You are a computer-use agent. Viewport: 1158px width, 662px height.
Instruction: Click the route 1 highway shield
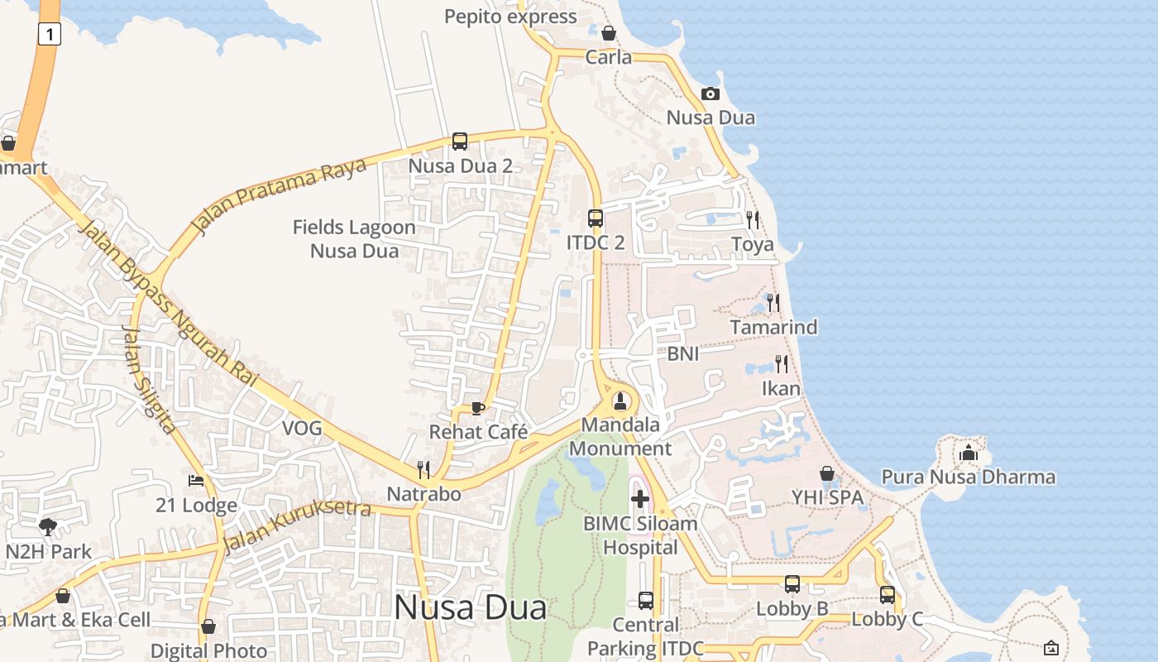[x=50, y=34]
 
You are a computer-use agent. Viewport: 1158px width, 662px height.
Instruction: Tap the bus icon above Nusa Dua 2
[x=460, y=142]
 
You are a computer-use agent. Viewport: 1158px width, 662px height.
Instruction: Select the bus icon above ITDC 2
[x=596, y=218]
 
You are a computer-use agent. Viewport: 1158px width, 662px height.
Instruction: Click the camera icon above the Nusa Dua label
[x=711, y=94]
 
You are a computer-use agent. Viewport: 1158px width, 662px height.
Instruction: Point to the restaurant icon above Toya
[x=753, y=220]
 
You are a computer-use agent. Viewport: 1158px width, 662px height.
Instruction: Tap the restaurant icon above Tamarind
[x=773, y=303]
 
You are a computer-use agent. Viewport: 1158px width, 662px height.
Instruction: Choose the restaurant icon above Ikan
[x=781, y=364]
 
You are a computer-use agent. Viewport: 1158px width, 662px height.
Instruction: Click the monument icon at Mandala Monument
[x=620, y=402]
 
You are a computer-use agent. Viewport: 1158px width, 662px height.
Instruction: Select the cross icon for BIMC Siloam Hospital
[x=640, y=499]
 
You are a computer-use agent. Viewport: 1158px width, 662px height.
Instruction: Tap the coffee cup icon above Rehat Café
[x=477, y=408]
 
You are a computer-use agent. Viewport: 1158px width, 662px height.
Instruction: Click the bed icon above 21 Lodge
[x=196, y=481]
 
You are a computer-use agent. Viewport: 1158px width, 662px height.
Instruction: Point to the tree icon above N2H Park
[x=48, y=526]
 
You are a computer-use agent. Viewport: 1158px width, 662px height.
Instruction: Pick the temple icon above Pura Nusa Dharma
[x=969, y=453]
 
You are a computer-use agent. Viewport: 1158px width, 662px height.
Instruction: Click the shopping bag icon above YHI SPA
[x=826, y=473]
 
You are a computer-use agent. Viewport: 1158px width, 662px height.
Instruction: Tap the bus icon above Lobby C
[x=888, y=594]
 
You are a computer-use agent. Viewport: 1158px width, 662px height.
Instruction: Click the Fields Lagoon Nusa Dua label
[x=355, y=238]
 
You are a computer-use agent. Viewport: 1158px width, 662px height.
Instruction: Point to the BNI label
[x=683, y=354]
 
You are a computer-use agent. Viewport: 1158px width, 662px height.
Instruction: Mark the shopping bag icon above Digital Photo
[x=208, y=626]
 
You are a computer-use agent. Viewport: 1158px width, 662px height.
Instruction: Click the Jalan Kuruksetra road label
[x=297, y=524]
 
